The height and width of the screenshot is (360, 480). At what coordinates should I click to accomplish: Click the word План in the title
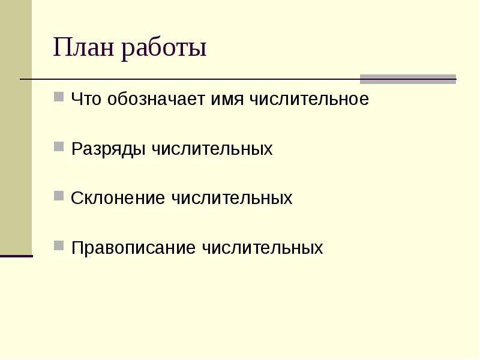coord(83,47)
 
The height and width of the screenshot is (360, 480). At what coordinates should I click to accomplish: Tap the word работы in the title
coord(164,49)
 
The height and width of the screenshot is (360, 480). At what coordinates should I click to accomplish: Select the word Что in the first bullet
coord(86,98)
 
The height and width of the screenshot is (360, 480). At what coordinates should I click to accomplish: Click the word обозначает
coord(156,99)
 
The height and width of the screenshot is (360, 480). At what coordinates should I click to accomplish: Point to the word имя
coord(227,99)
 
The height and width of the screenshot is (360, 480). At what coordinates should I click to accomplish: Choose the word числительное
coord(309,99)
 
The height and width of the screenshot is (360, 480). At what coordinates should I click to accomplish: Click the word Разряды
coord(108,149)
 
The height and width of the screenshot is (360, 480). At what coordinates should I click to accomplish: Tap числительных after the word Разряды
coord(212,149)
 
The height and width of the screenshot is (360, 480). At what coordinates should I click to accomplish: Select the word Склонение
coord(118,198)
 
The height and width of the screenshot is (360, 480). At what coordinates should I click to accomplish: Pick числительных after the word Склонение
coord(232,198)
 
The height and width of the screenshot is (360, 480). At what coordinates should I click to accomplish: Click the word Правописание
coord(133,248)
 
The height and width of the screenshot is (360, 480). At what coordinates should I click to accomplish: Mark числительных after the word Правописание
coord(262,247)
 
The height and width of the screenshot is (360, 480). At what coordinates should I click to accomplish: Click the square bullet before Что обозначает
coord(59,97)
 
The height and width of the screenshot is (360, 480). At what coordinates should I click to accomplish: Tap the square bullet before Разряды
coord(59,146)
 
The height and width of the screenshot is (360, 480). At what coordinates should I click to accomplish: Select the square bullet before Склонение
coord(59,196)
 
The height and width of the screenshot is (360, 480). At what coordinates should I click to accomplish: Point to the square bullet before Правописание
coord(59,245)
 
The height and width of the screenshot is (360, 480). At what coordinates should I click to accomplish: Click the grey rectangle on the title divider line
coord(408,79)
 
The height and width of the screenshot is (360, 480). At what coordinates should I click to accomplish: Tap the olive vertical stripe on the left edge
coord(16,127)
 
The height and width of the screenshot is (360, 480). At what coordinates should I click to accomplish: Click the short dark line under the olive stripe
coord(16,256)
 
